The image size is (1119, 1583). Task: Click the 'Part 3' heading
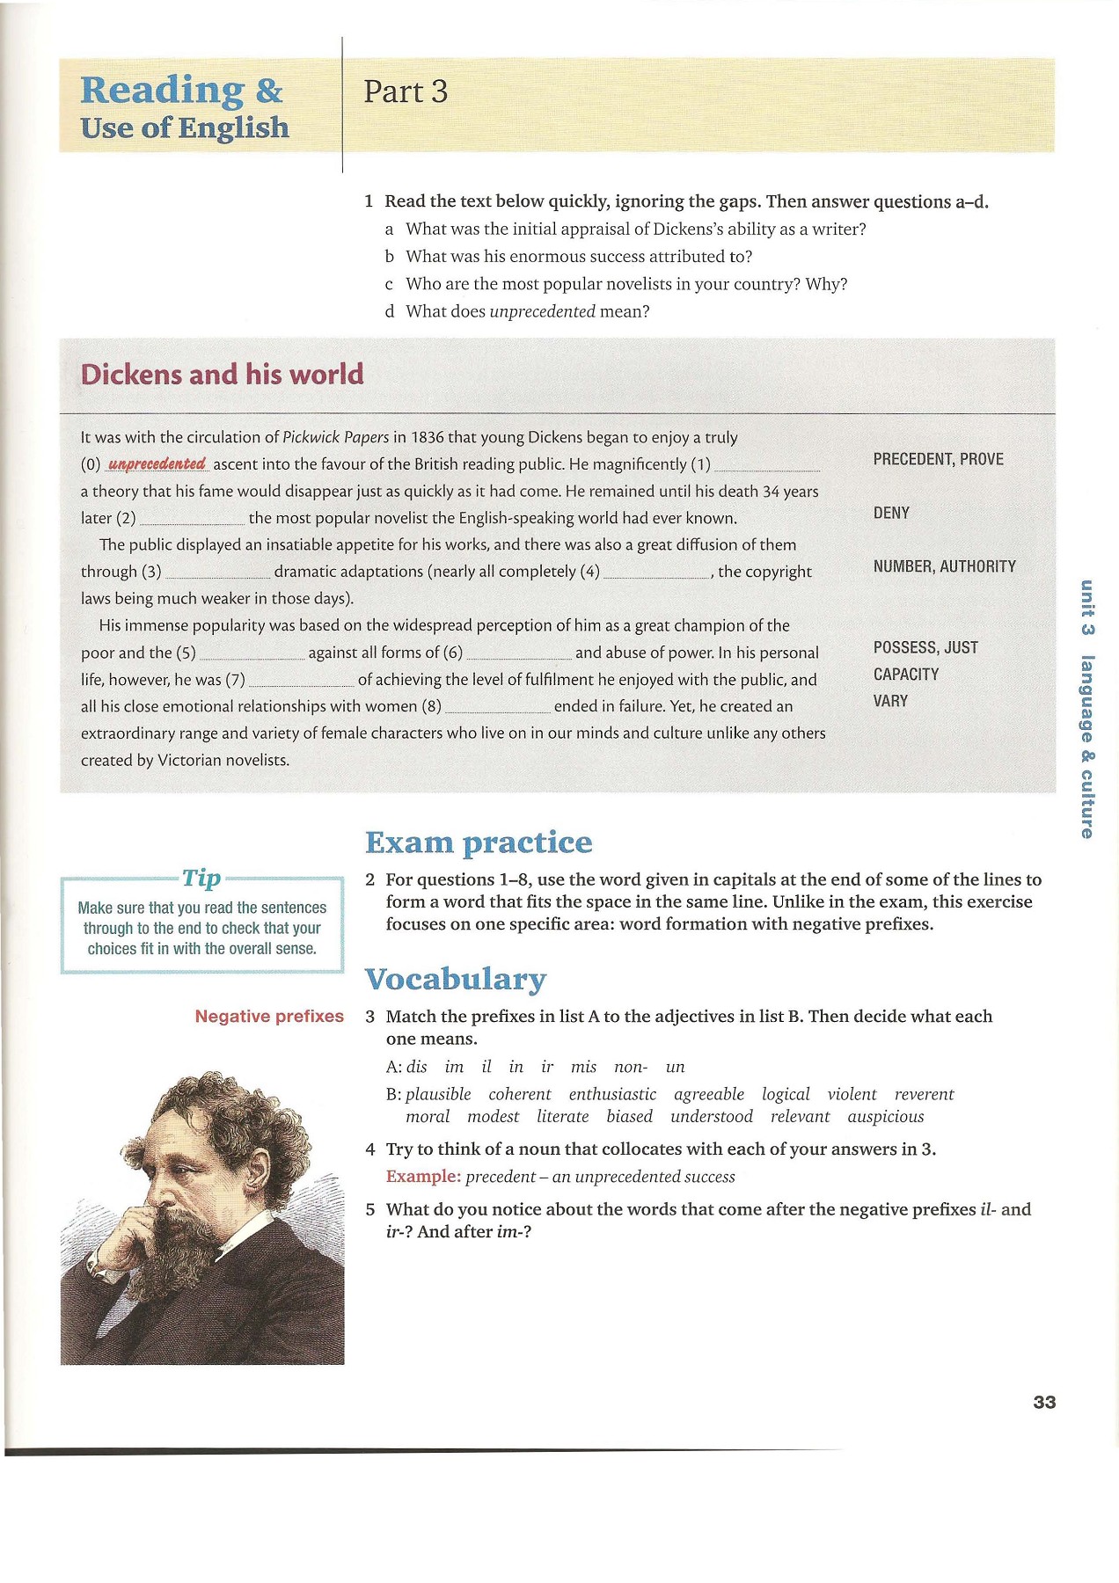point(406,91)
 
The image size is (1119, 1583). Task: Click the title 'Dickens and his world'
point(222,375)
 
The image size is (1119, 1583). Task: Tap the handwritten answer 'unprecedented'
point(157,463)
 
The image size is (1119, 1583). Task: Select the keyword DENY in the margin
point(891,513)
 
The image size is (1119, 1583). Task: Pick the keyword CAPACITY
point(905,675)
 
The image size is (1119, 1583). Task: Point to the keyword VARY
point(890,701)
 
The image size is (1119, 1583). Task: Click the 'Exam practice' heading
point(479,843)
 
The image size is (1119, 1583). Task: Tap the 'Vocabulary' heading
point(456,979)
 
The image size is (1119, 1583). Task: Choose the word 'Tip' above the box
point(201,878)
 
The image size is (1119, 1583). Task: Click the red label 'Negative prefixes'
point(269,1017)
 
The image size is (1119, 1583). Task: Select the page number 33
point(1044,1402)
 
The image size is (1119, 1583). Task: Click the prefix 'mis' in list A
point(583,1067)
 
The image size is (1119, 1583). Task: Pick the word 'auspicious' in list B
point(886,1117)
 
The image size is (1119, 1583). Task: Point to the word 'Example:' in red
point(423,1177)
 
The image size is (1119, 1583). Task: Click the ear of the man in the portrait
point(260,1169)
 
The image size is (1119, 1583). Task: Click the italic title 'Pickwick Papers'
point(335,437)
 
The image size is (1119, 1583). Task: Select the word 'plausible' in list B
point(438,1094)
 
